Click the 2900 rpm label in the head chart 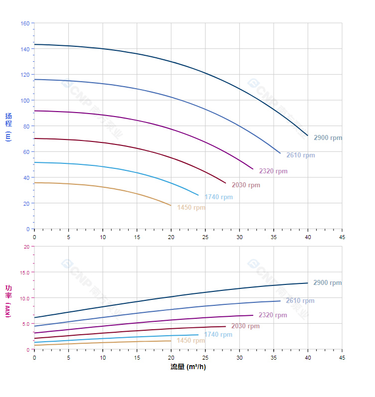(x=328, y=137)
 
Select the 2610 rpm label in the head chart (x=300, y=155)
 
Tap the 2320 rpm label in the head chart (x=273, y=171)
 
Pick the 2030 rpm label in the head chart (x=246, y=185)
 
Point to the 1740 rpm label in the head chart (x=218, y=197)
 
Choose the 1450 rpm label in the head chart (x=191, y=207)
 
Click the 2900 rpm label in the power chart (x=327, y=282)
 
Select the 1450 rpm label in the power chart (x=190, y=340)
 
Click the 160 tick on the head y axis (x=25, y=23)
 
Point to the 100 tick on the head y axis (x=25, y=100)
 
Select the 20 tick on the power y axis (x=26, y=246)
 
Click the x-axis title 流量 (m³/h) (x=188, y=367)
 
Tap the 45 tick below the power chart (x=342, y=357)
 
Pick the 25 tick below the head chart (x=205, y=237)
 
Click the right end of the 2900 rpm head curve (x=308, y=135)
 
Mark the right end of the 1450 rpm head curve (x=171, y=205)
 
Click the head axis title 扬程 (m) (x=8, y=127)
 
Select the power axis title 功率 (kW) (x=8, y=301)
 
